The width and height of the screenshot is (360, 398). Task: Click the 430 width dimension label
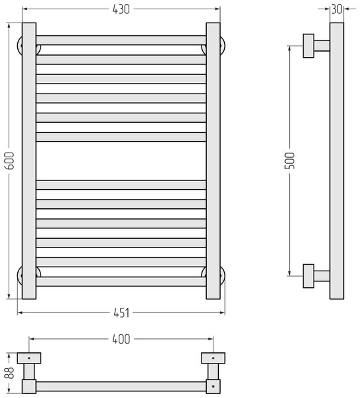[x=121, y=9]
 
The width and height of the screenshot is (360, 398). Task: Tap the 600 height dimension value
[x=9, y=161]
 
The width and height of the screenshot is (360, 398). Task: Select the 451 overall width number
[x=121, y=312]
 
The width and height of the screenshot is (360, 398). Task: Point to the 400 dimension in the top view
[x=121, y=339]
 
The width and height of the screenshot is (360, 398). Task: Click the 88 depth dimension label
[x=10, y=372]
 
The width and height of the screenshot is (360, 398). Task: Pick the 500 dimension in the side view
[x=290, y=161]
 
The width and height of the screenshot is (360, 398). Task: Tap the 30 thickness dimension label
[x=337, y=9]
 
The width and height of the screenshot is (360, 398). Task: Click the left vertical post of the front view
[x=29, y=161]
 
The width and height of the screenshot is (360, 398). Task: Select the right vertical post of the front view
[x=213, y=161]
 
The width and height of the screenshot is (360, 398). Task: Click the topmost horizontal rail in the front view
[x=121, y=40]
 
